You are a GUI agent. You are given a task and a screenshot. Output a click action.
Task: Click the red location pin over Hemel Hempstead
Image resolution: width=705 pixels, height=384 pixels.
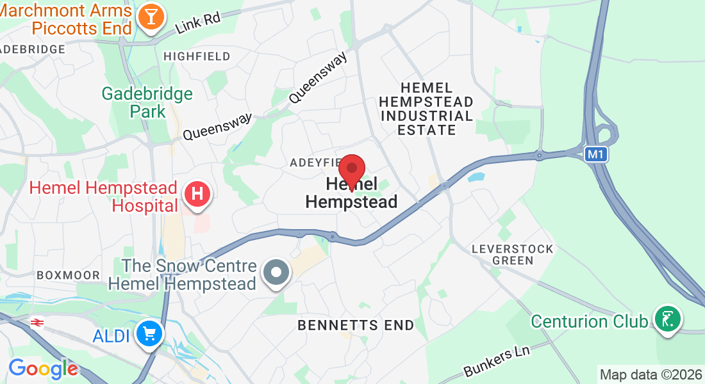coord(352,170)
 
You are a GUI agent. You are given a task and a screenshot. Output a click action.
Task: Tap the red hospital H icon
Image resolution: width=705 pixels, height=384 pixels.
coord(198,193)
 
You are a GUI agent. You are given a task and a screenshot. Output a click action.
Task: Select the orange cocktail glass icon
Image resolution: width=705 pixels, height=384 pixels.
coord(151,17)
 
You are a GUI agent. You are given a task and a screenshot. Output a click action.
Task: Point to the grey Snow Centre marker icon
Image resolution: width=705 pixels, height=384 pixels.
coord(277,272)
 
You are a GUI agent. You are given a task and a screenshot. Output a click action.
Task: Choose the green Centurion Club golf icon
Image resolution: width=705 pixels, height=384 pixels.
coord(667,319)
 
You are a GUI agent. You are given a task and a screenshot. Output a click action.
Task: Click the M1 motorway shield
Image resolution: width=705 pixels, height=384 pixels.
coord(595,154)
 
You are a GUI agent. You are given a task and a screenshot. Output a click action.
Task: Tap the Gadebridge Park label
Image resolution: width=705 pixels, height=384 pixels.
coord(147,102)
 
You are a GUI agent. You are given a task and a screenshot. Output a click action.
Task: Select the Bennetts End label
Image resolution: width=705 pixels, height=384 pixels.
coord(356,325)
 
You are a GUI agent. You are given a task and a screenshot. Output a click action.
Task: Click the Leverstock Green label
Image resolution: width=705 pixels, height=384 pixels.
coord(502,254)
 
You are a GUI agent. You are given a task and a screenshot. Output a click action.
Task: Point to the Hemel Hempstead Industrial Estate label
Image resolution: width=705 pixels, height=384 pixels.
coord(426,109)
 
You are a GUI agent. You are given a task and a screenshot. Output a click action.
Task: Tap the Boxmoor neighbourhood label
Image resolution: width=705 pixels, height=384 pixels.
coord(68,275)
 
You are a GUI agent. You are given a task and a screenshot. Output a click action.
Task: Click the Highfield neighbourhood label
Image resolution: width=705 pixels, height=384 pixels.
coord(197,56)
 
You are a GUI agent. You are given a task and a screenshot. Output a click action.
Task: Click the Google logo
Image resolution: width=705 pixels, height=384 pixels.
coord(43,368)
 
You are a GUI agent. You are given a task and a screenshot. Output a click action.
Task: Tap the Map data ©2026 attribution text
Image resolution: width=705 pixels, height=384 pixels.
coord(650,374)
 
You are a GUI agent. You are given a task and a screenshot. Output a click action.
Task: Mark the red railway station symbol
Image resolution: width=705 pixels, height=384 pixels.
coord(36,323)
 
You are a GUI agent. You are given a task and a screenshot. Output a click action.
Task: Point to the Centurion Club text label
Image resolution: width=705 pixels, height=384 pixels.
coord(589,321)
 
